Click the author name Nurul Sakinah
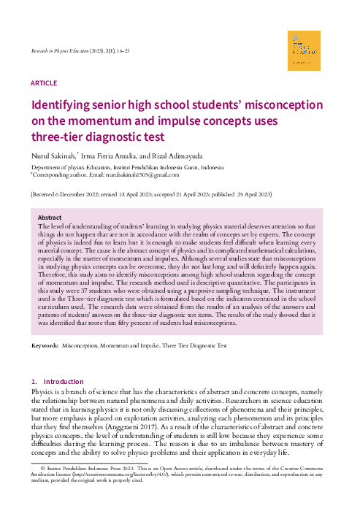54,155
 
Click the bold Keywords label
45,345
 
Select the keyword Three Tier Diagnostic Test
194,345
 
